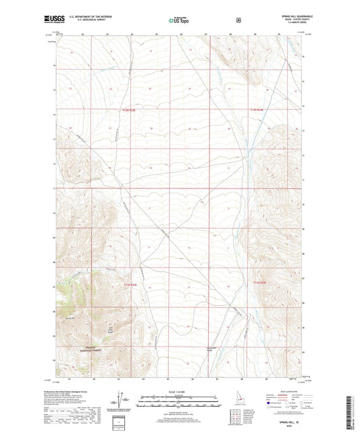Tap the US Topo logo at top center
coord(180,20)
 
